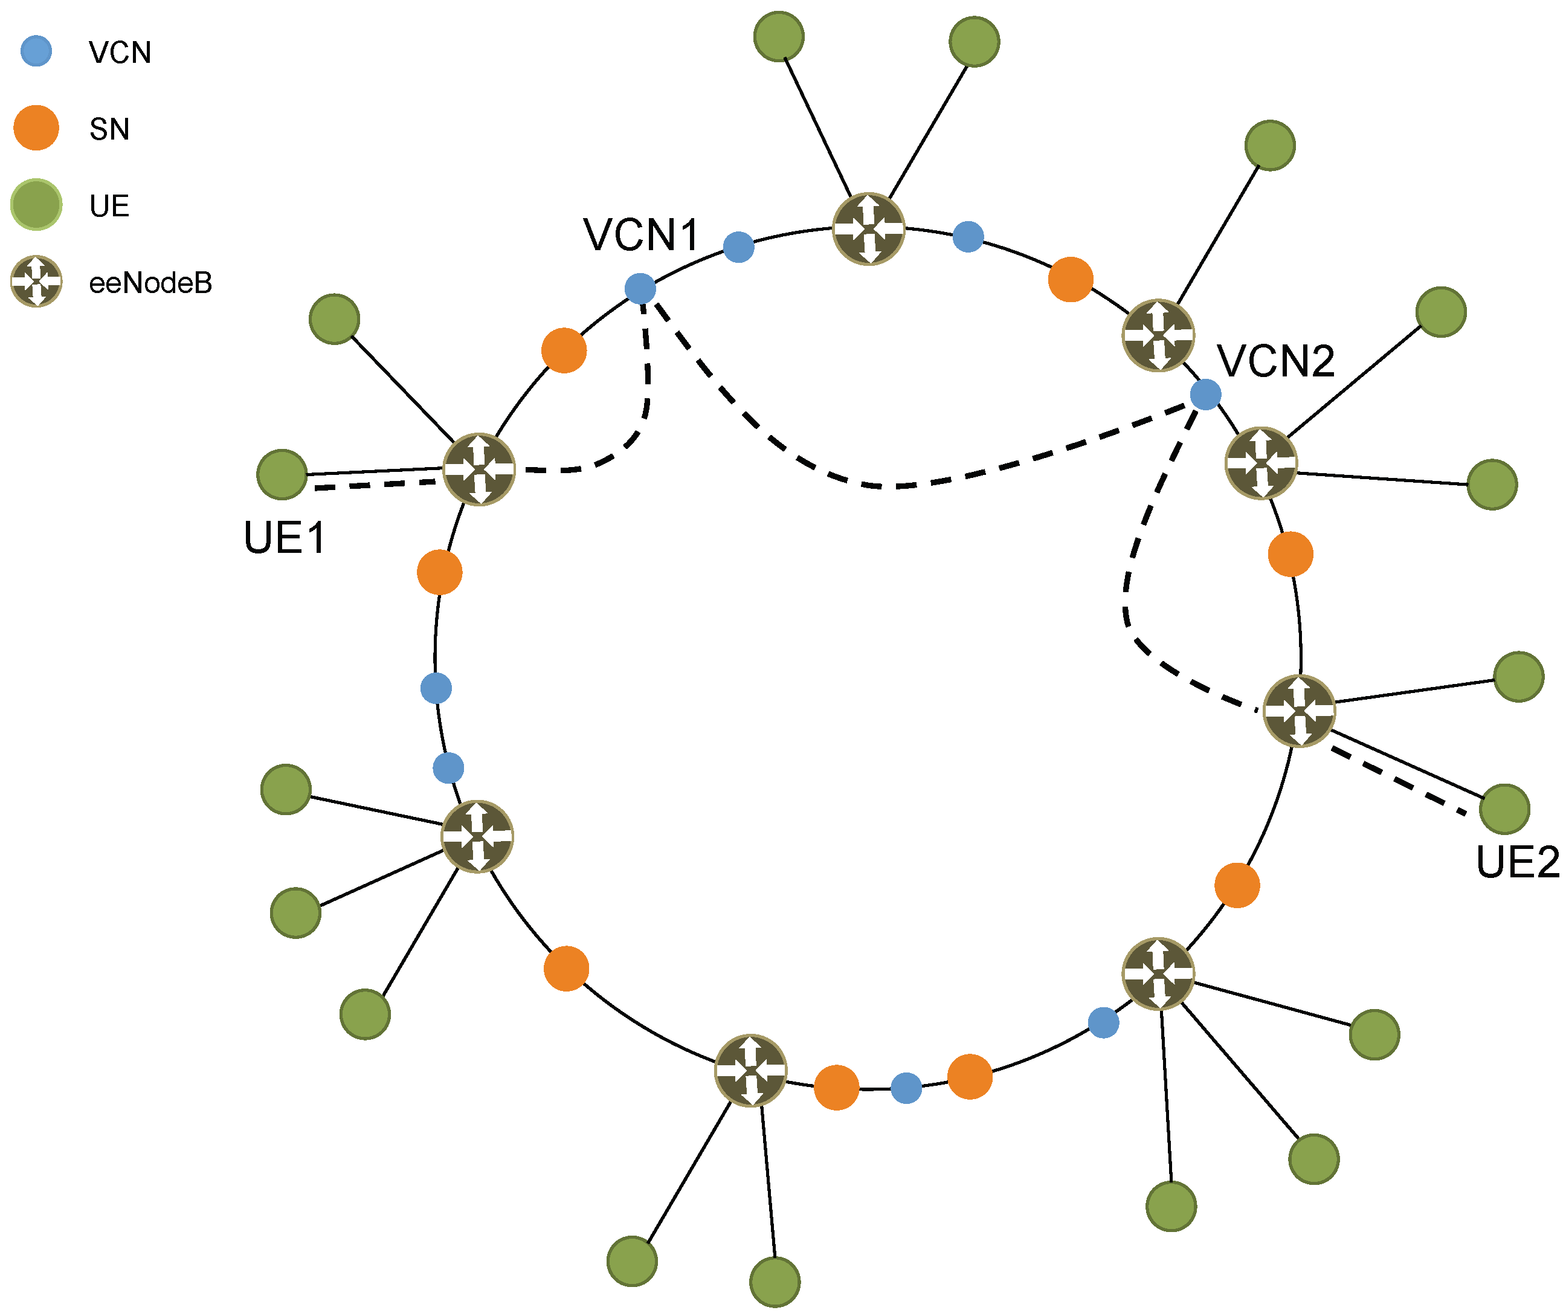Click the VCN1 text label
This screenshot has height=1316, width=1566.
[641, 235]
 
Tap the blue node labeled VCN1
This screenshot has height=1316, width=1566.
[640, 289]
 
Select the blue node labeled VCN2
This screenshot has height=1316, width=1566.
[1206, 395]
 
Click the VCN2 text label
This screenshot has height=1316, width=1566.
[1276, 362]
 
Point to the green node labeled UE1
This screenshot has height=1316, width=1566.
[282, 474]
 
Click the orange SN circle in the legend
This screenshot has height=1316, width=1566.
[36, 128]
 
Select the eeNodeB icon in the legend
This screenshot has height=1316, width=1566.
[36, 281]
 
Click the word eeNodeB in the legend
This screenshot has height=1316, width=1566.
[150, 283]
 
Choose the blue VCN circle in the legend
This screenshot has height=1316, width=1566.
[36, 51]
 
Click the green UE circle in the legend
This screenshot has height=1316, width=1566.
[36, 204]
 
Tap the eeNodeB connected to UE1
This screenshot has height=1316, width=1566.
[479, 469]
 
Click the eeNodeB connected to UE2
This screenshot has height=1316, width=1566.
[1300, 711]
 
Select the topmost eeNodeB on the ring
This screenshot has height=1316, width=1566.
[868, 229]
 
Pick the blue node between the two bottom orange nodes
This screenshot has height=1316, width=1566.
[906, 1088]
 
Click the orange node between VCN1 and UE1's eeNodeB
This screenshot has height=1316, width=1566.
[564, 350]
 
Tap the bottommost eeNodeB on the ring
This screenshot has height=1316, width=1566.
[750, 1070]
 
